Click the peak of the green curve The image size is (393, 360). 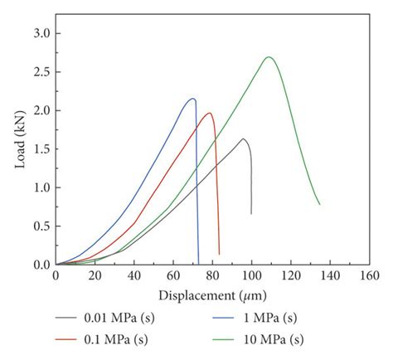(269, 57)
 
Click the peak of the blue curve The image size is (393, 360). (193, 99)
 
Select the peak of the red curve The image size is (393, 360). (210, 114)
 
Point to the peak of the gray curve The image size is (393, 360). (244, 139)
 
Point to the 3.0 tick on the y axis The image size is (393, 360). (39, 33)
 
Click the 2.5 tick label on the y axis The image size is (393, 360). (39, 72)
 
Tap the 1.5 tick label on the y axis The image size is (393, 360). (39, 149)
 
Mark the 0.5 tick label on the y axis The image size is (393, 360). (39, 226)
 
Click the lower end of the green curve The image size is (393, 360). (319, 204)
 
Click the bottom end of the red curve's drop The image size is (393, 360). (219, 254)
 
